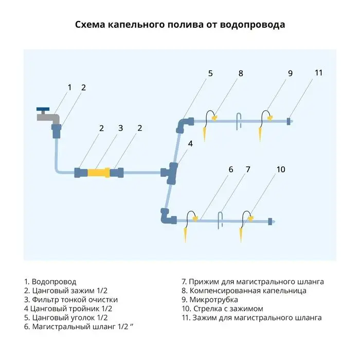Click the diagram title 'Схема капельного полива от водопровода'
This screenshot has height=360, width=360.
point(180,25)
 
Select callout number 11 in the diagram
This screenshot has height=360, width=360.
point(318,73)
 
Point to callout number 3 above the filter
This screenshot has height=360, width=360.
point(120,128)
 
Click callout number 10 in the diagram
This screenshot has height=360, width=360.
point(280,169)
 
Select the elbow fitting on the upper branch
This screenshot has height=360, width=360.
point(183,124)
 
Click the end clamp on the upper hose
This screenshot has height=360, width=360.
point(289,121)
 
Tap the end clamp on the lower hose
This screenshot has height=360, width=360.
point(269,221)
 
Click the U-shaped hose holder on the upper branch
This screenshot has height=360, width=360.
point(238,119)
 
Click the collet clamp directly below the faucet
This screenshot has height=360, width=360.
point(56,131)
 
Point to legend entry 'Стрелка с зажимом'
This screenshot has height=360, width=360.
point(222,309)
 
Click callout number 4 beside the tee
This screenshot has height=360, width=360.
point(190,143)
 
